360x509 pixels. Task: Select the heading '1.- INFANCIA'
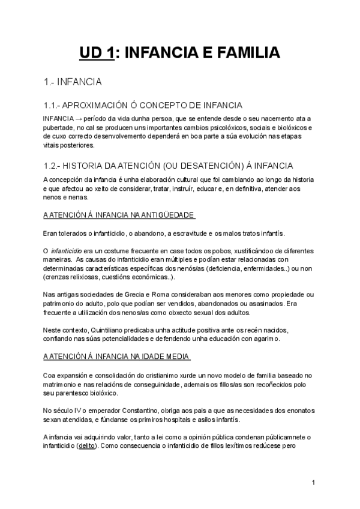point(73,82)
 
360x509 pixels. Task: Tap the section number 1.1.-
point(53,104)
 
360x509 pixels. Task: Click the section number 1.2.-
point(53,166)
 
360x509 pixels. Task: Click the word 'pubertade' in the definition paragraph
point(59,128)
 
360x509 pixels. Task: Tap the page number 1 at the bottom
point(313,483)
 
